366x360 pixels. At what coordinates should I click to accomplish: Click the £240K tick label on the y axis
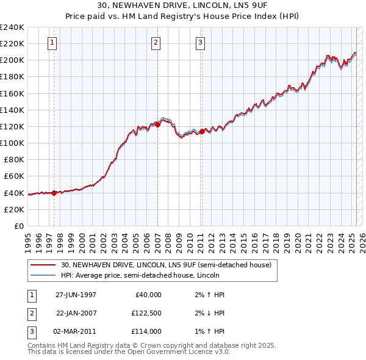(12, 27)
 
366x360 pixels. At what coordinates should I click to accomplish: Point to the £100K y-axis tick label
(12, 143)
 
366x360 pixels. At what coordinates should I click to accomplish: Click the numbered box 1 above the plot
(52, 43)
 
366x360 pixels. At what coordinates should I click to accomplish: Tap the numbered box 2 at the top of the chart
(156, 43)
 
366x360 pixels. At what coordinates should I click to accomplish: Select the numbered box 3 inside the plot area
(200, 43)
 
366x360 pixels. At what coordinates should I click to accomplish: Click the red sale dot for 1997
(54, 193)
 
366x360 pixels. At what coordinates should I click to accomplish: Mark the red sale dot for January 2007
(157, 124)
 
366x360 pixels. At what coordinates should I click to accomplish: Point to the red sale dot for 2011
(202, 131)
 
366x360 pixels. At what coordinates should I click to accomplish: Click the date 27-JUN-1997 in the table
(76, 294)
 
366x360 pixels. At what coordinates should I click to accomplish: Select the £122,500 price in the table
(146, 313)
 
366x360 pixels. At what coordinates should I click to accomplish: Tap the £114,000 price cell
(146, 331)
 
